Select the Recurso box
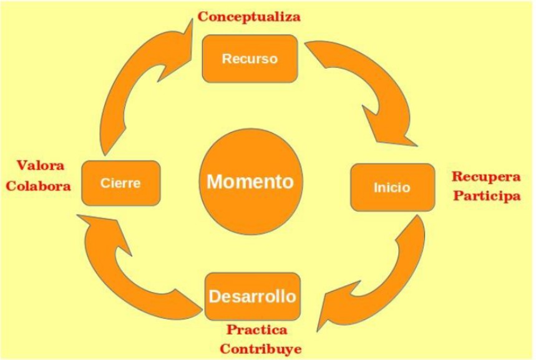(249, 58)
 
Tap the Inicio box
(392, 187)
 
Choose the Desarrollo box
(253, 296)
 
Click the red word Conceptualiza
(249, 17)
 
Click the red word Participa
(486, 196)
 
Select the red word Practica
(256, 329)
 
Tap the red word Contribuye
(256, 348)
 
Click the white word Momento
(250, 182)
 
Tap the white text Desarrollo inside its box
(253, 295)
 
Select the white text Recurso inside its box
(249, 59)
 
